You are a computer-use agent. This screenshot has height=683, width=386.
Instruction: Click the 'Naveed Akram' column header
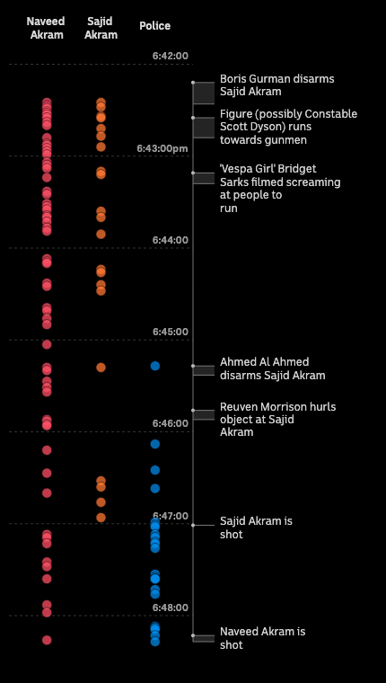[x=46, y=28]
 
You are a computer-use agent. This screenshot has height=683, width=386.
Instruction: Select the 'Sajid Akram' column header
[x=101, y=28]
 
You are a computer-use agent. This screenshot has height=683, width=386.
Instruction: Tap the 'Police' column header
[x=154, y=26]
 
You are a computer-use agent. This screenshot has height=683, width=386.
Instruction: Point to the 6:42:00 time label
[x=171, y=56]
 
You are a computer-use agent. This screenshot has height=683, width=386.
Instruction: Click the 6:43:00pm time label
[x=162, y=148]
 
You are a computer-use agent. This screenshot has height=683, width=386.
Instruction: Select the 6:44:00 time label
[x=171, y=240]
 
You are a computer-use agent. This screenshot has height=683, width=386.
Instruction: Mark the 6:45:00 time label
[x=171, y=332]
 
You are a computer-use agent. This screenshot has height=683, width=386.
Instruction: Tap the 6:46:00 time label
[x=171, y=423]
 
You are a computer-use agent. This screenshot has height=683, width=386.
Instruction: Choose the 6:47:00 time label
[x=171, y=516]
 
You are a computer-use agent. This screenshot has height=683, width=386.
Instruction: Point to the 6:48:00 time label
[x=171, y=608]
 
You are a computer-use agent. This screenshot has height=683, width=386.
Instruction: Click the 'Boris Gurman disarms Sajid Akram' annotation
[x=264, y=85]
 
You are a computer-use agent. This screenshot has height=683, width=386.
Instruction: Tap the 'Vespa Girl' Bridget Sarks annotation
[x=280, y=188]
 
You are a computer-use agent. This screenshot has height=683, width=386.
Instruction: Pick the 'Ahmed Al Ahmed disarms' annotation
[x=272, y=368]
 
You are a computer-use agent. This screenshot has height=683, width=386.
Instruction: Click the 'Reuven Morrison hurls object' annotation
[x=277, y=419]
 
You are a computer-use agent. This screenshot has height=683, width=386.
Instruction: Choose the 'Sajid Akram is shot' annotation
[x=256, y=528]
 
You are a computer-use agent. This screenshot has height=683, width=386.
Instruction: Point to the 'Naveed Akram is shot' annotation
[x=262, y=638]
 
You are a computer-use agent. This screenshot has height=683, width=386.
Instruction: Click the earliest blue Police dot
[x=155, y=366]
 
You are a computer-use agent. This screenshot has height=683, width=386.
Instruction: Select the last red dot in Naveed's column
[x=47, y=640]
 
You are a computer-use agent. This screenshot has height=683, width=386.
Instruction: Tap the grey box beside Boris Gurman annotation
[x=204, y=93]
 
